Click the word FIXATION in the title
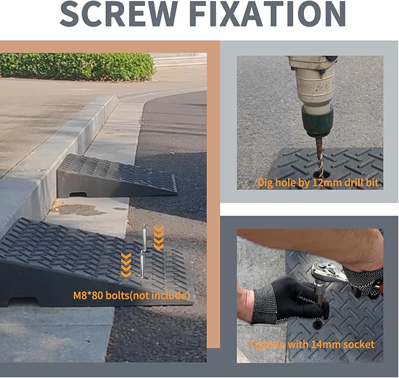267,14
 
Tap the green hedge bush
78,66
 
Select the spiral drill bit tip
319,173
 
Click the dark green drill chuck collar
317,121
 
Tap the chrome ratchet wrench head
328,273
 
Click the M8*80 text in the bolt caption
88,296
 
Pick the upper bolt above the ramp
145,237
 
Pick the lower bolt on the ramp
142,265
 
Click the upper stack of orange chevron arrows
159,237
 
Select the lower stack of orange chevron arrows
126,265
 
